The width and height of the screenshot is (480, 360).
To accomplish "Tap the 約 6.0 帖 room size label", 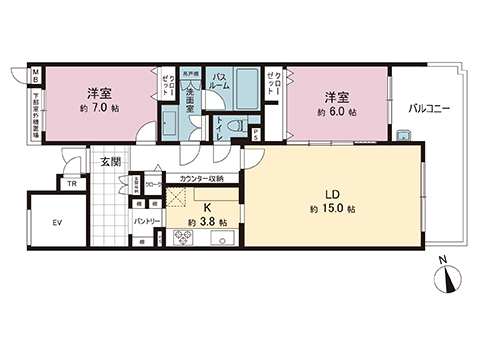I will click(335, 114).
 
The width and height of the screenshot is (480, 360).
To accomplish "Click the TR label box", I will click(71, 184).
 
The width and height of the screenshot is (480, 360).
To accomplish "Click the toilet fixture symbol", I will click(234, 128).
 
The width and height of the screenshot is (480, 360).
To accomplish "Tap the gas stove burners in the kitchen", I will click(183, 237).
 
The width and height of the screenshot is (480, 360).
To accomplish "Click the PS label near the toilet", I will click(257, 132).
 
